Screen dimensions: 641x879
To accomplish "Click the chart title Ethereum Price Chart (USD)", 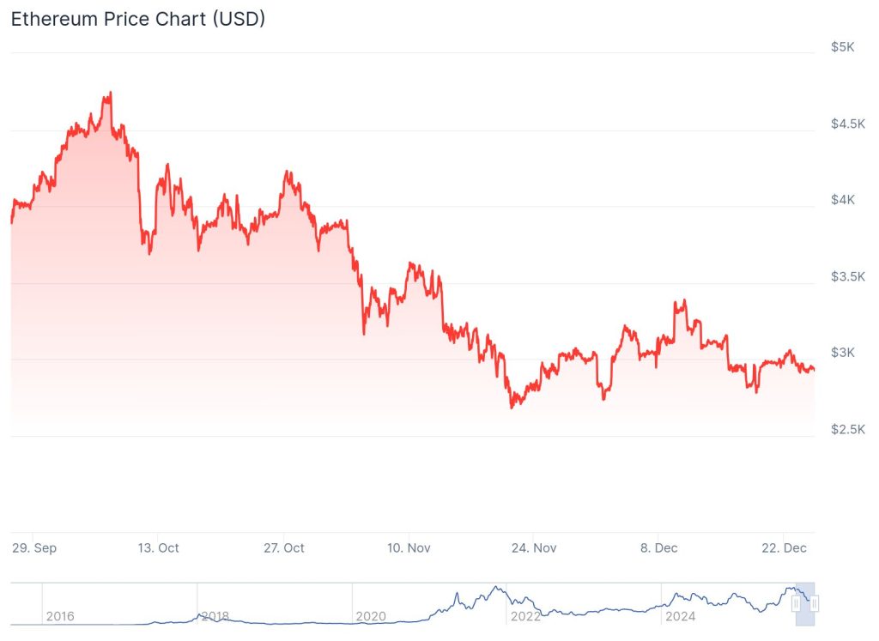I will point(137,19).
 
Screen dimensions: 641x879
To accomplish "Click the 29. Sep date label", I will point(34,547).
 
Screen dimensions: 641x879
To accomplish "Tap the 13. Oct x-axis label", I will point(159,547).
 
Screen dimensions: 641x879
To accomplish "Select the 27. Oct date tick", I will point(284,547).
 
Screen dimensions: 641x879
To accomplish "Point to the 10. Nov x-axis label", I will point(409,547).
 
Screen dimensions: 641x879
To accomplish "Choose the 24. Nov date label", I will point(533,547).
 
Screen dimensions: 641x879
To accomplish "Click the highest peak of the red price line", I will point(110,93).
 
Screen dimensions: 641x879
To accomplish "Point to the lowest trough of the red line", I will point(512,407).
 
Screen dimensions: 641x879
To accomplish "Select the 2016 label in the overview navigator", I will point(59,616).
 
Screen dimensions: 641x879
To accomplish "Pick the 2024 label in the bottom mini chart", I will point(679,616).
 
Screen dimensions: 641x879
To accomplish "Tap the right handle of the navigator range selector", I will point(815,604).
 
